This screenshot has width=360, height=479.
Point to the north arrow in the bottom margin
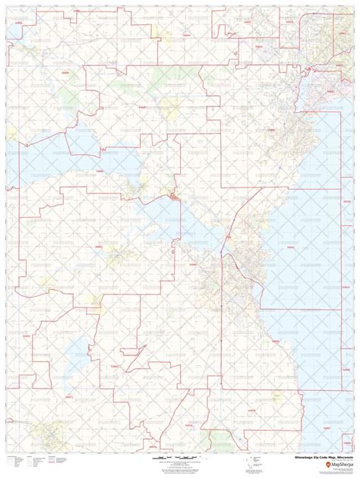(x=247, y=463)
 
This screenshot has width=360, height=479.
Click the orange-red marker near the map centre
(x=175, y=197)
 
